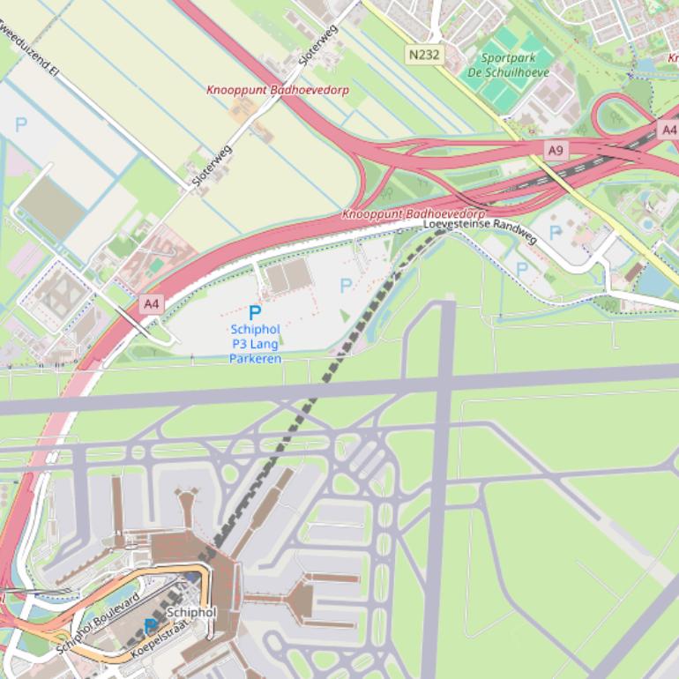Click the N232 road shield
424,55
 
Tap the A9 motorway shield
555,151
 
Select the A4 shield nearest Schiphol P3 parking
152,304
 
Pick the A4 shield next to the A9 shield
668,131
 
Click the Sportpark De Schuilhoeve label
508,65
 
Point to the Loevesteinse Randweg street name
480,231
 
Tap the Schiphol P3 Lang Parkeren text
255,344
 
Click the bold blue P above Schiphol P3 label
255,313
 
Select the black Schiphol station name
190,612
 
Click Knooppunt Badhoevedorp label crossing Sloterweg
277,90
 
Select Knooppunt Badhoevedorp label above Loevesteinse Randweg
414,214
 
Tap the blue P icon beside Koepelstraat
151,626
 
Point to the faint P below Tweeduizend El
21,124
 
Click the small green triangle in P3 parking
345,316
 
